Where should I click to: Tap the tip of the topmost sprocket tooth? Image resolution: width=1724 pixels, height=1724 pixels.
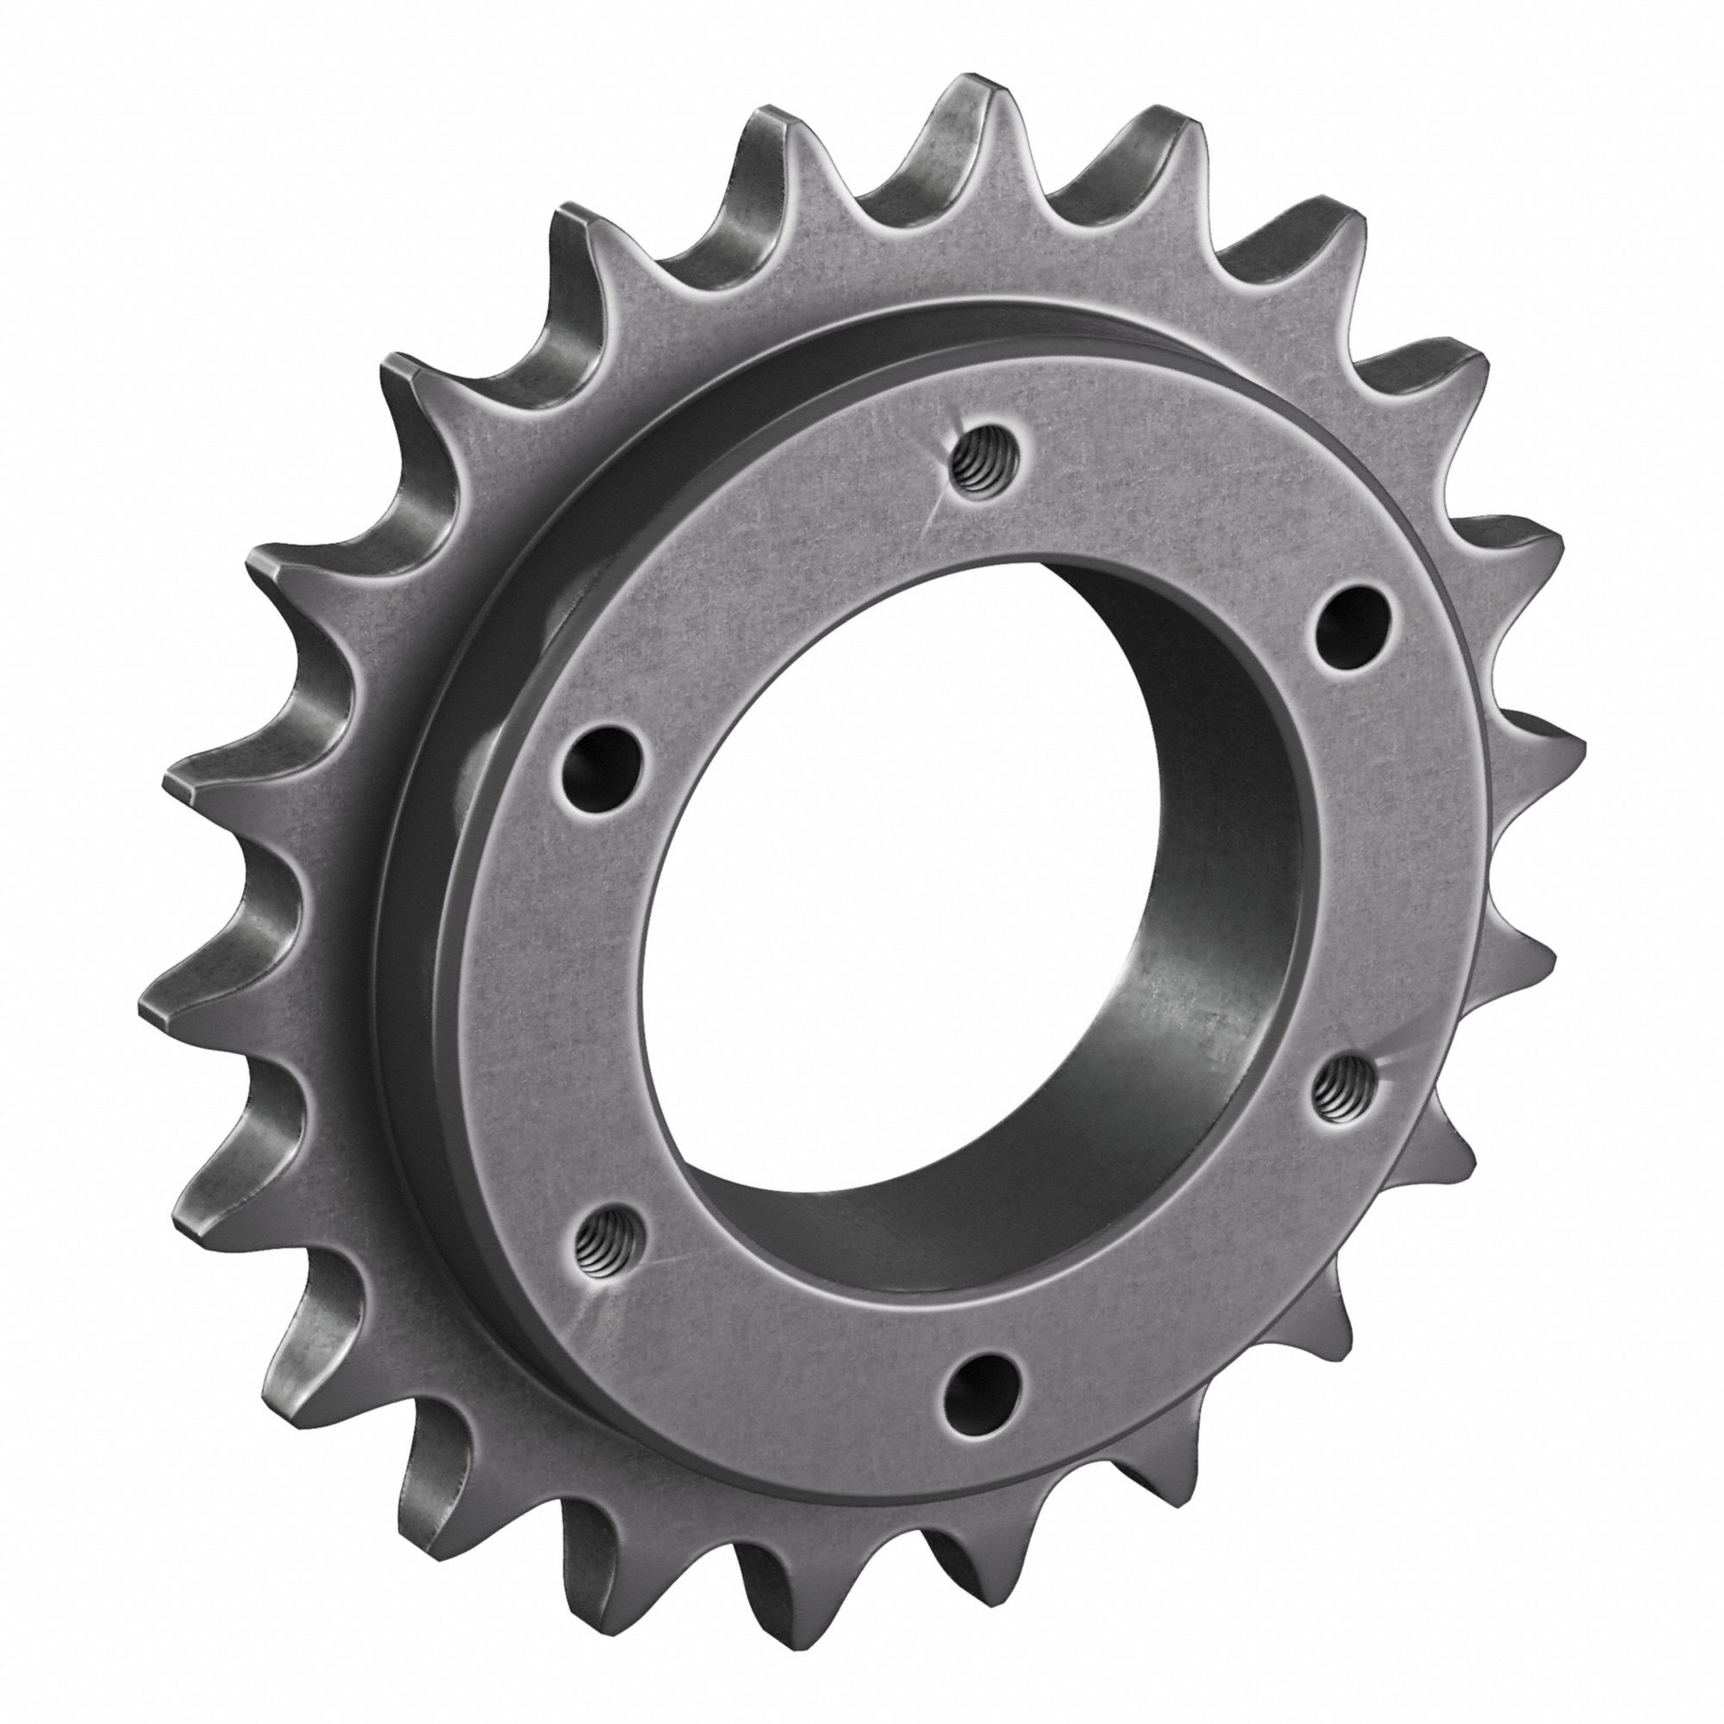972,90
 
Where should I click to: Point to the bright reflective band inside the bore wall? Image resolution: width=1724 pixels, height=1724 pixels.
1151,999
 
